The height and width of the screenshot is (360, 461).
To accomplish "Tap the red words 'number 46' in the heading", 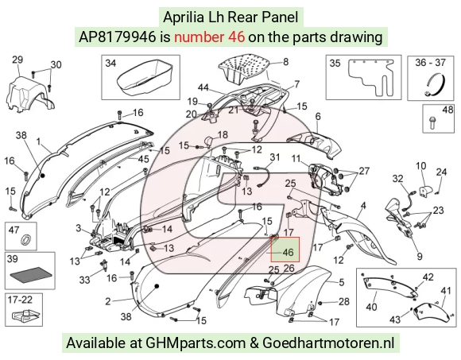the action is pyautogui.click(x=209, y=37).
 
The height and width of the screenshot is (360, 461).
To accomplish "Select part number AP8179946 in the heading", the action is pyautogui.click(x=118, y=37).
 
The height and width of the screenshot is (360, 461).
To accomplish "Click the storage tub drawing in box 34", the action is pyautogui.click(x=143, y=77).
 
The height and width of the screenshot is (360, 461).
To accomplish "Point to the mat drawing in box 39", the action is pyautogui.click(x=30, y=274).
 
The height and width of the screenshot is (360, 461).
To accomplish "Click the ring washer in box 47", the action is pyautogui.click(x=26, y=239).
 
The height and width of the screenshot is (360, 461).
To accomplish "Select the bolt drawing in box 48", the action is pyautogui.click(x=432, y=122).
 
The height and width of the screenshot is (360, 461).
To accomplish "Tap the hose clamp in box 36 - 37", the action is pyautogui.click(x=436, y=85).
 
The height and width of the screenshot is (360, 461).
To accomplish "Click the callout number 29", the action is pyautogui.click(x=17, y=60).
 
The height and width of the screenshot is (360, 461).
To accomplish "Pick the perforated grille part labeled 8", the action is pyautogui.click(x=245, y=68).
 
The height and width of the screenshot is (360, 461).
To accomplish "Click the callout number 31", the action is pyautogui.click(x=274, y=157).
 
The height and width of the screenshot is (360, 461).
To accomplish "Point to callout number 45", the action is pyautogui.click(x=143, y=159).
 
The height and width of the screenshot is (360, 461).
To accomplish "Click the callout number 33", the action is pyautogui.click(x=84, y=280).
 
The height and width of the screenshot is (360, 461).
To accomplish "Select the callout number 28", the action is pyautogui.click(x=343, y=301).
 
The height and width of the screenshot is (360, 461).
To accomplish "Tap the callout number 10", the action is pyautogui.click(x=420, y=166).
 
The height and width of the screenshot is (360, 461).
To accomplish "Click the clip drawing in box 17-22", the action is pyautogui.click(x=25, y=315).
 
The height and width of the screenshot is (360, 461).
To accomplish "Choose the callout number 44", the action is pyautogui.click(x=203, y=87).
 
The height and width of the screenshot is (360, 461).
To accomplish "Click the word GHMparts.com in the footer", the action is pyautogui.click(x=196, y=343).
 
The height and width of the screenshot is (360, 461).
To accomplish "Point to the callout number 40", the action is pyautogui.click(x=371, y=307).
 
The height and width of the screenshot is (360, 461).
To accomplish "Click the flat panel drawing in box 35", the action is pyautogui.click(x=370, y=77).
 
